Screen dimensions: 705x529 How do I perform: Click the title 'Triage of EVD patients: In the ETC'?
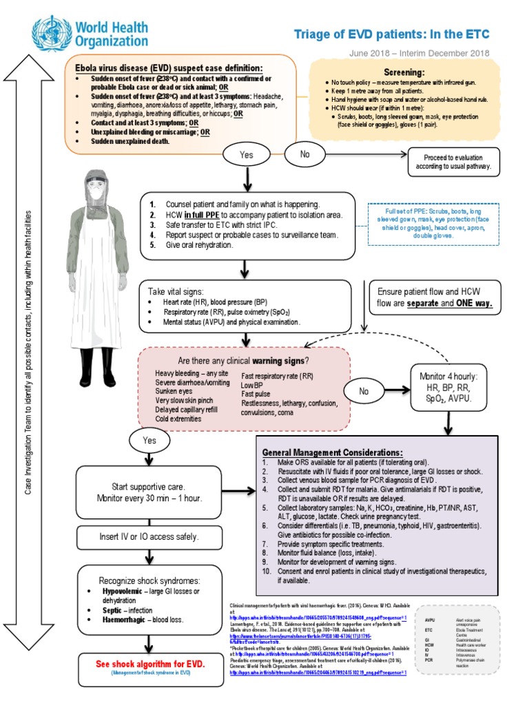click(392, 34)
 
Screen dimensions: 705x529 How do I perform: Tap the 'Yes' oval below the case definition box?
click(247, 155)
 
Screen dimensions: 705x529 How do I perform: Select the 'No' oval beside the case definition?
click(305, 154)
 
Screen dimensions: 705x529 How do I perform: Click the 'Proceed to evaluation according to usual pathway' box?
click(458, 162)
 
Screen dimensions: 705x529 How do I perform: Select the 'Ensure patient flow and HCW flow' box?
click(435, 297)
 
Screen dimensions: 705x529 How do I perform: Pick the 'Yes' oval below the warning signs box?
click(149, 440)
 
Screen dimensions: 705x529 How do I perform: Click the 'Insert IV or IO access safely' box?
click(149, 536)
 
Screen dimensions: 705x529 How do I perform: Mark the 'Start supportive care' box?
click(149, 492)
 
